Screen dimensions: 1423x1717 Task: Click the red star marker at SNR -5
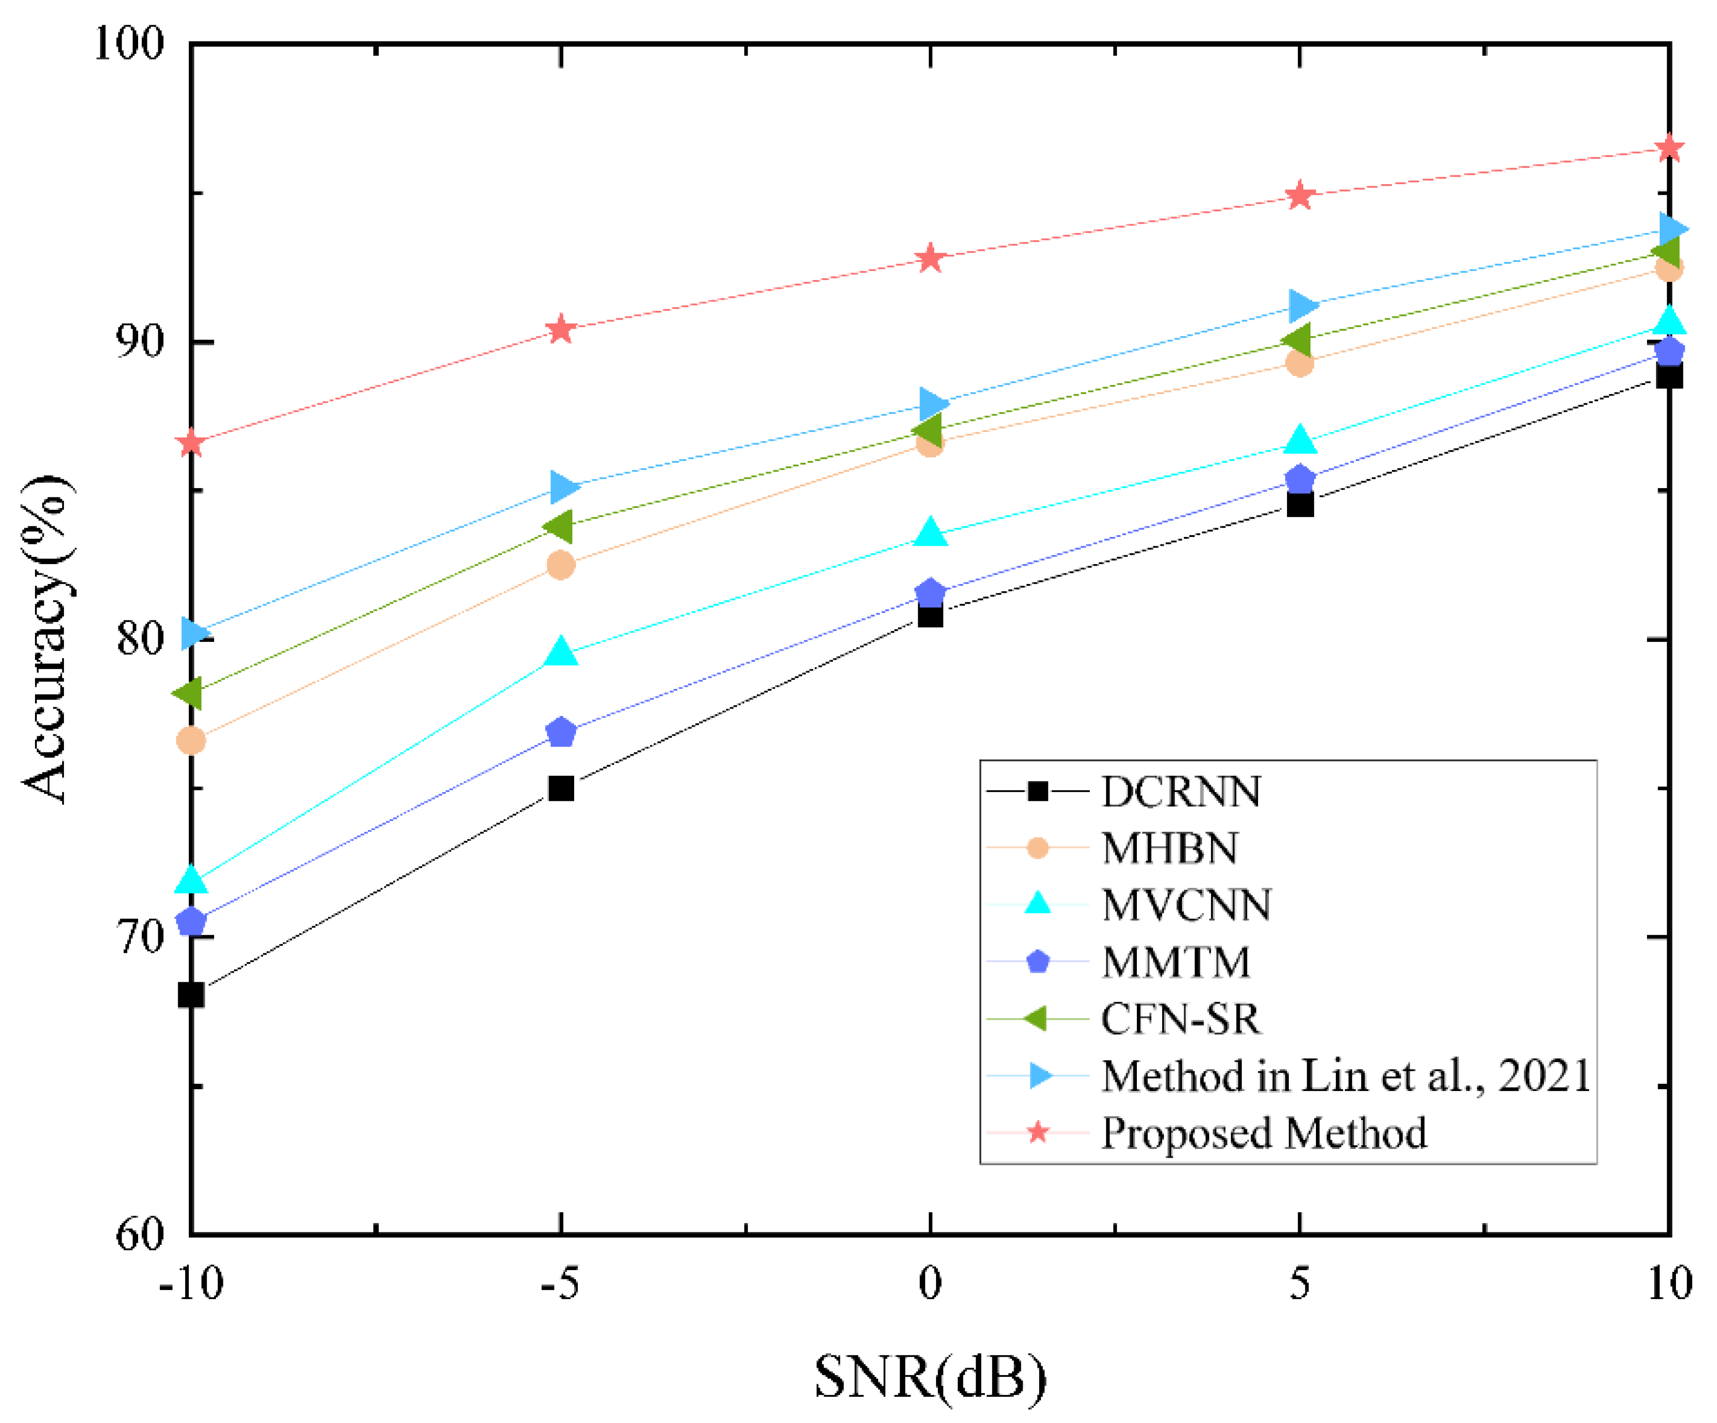[561, 330]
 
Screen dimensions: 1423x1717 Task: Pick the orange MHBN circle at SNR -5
[561, 564]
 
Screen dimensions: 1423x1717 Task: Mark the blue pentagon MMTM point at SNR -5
[561, 732]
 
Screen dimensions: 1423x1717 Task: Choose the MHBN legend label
[1169, 848]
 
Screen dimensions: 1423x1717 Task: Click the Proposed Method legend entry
[1263, 1133]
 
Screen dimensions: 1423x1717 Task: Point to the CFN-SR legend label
[1180, 1019]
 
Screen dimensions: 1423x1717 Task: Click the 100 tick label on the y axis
[129, 42]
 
